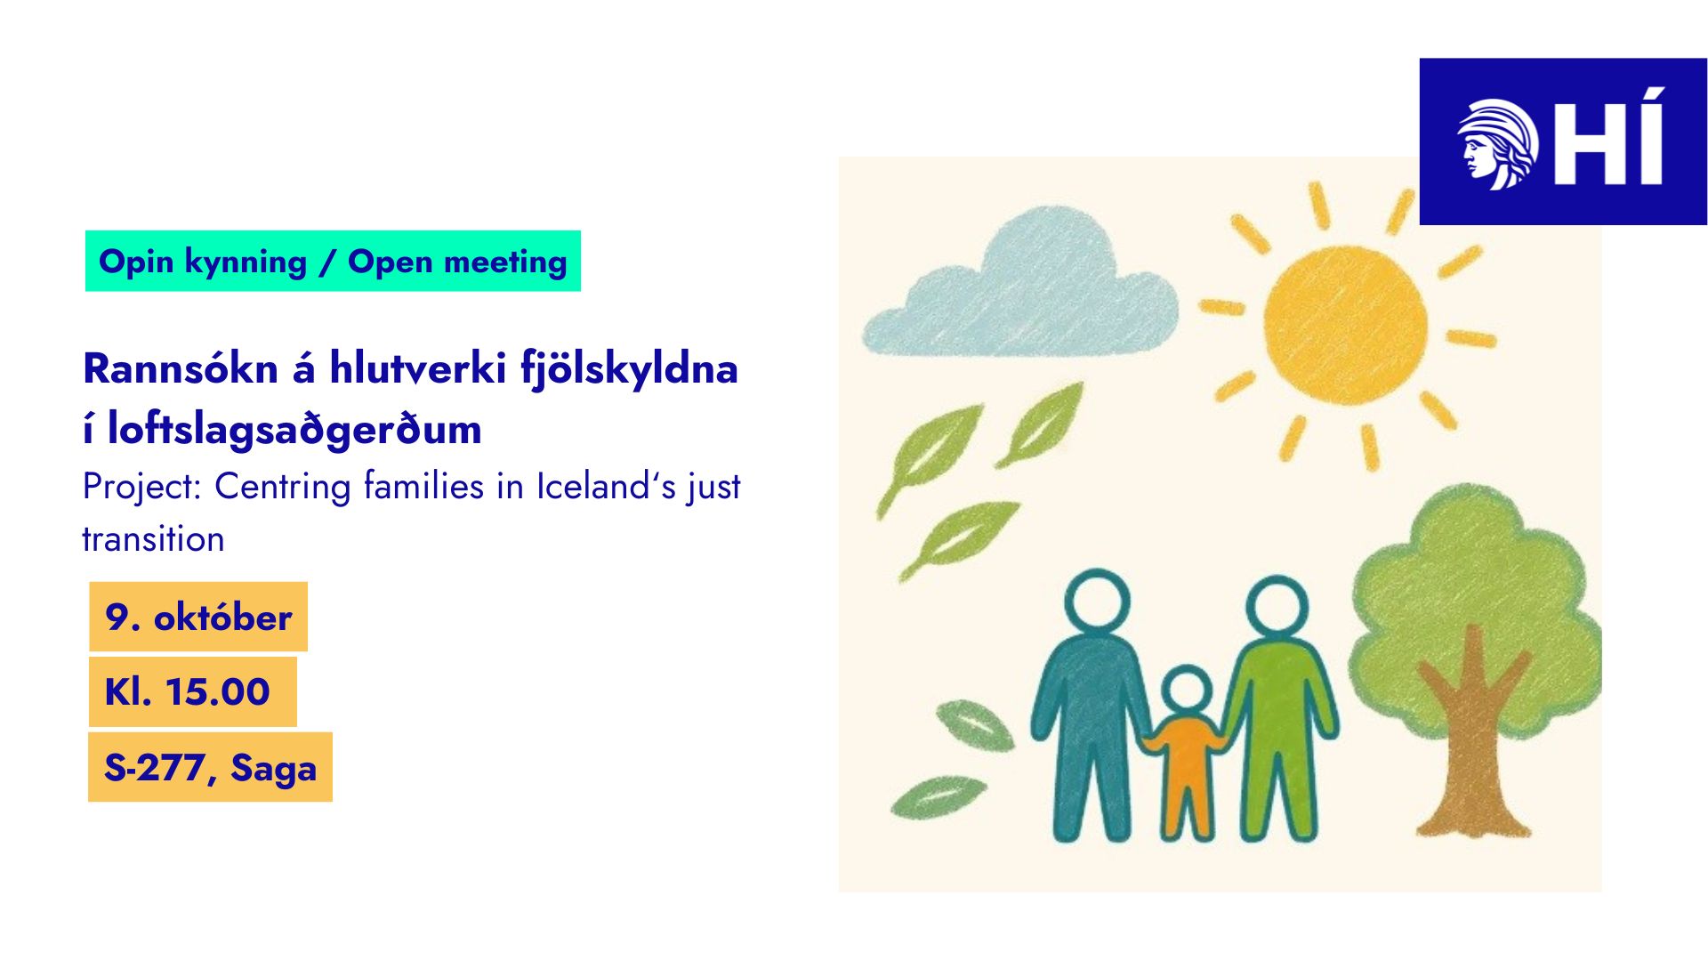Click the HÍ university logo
coord(1563,141)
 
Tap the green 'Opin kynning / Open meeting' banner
coord(333,261)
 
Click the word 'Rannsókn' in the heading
coord(181,368)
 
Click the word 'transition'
coord(153,539)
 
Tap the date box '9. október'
coord(198,617)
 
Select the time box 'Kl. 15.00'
coord(192,691)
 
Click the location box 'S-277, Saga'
coord(210,767)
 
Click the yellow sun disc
coord(1345,325)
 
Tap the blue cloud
coord(1021,285)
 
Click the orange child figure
coord(1186,756)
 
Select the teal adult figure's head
coord(1097,602)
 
